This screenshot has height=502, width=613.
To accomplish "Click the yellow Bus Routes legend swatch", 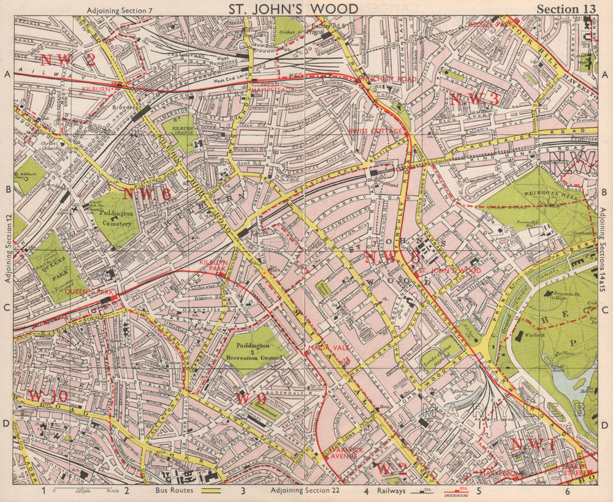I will click(x=211, y=491).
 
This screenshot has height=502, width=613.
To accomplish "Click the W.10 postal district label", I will click(x=47, y=397).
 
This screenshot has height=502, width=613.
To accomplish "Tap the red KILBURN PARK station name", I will click(x=213, y=265).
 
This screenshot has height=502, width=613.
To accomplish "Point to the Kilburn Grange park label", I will click(x=177, y=127).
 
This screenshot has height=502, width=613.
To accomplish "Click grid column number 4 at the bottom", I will click(x=367, y=491).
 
